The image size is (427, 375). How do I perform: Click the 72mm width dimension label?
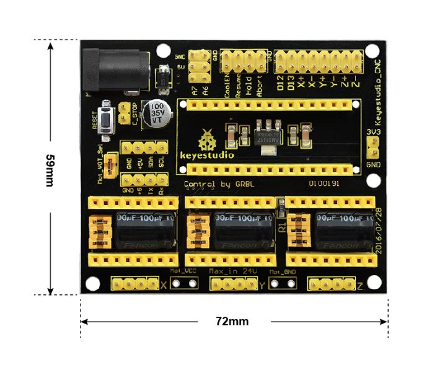point(232,321)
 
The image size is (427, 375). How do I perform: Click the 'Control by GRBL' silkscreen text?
point(218,184)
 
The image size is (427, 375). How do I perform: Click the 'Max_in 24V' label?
point(233,271)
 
